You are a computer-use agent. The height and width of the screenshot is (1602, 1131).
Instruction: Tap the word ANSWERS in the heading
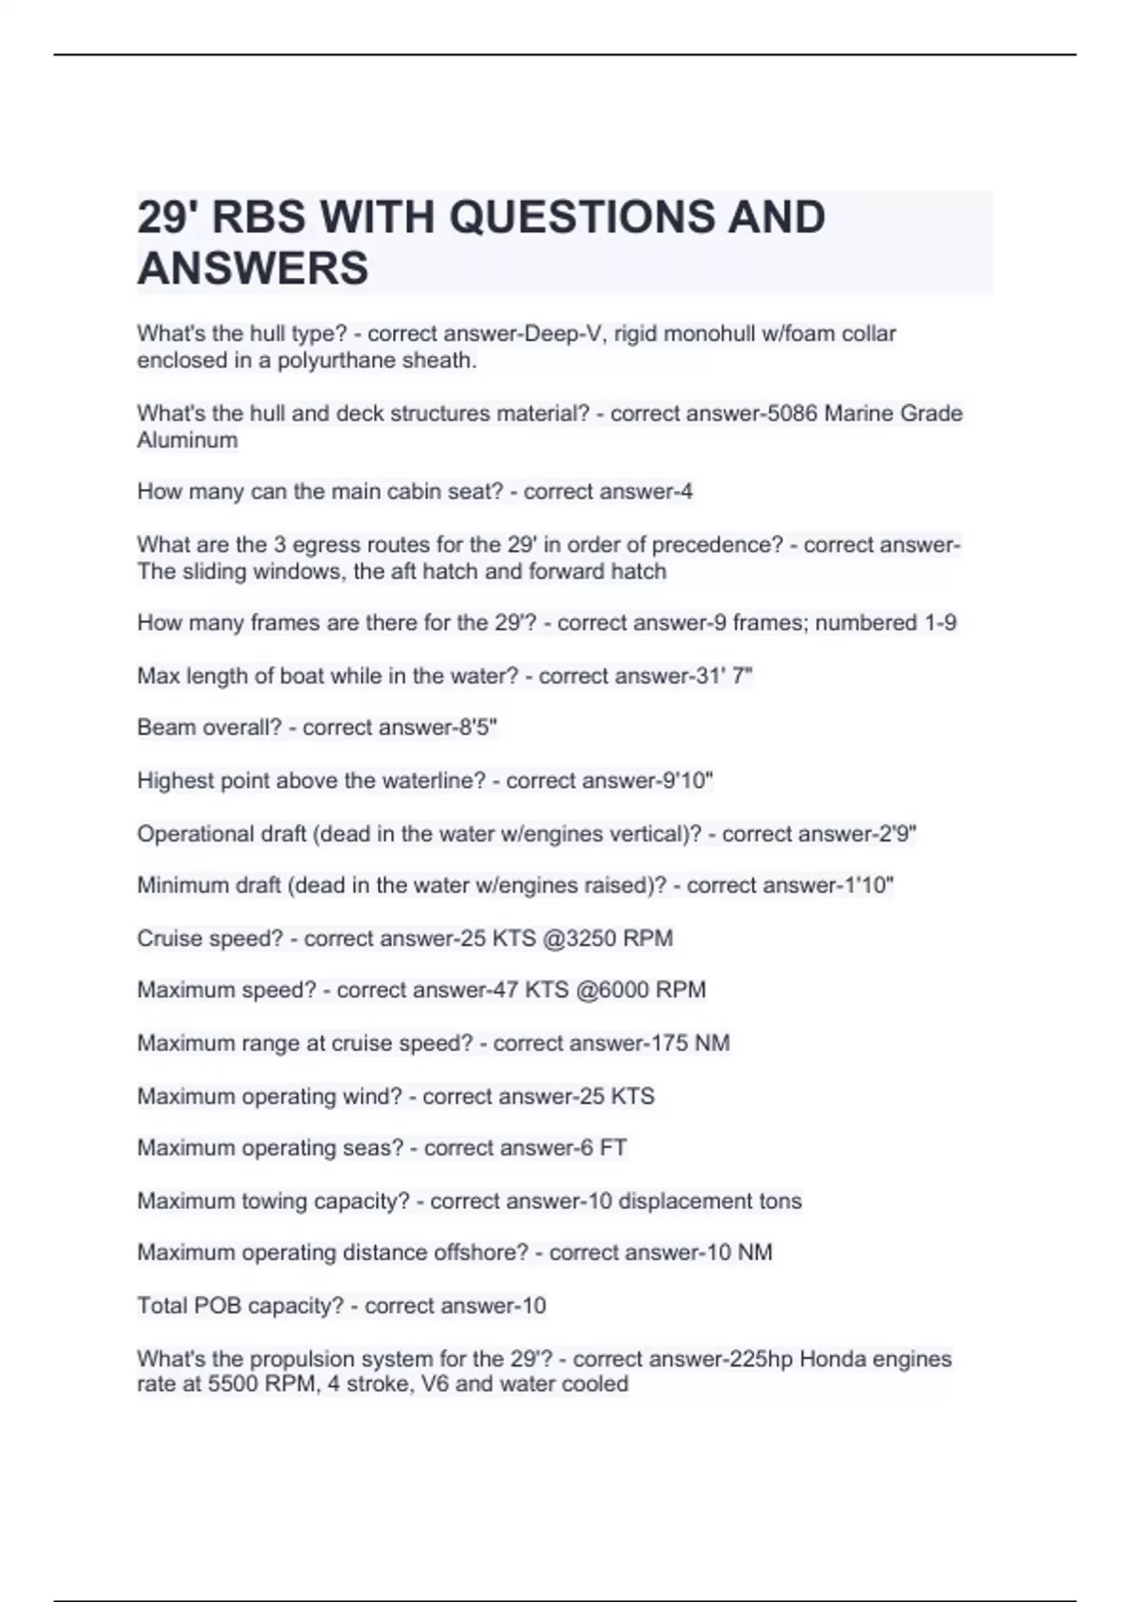[253, 268]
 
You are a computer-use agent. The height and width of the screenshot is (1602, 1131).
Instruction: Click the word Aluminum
[187, 439]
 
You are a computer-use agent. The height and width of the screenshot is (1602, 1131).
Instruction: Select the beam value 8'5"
[475, 727]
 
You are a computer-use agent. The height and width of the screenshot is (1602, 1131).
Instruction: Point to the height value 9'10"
[688, 780]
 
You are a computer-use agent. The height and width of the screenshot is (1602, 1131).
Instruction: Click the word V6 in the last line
[434, 1383]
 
